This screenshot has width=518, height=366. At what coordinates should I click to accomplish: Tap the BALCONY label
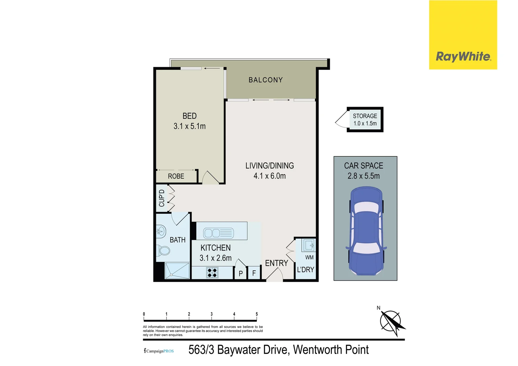pyautogui.click(x=265, y=80)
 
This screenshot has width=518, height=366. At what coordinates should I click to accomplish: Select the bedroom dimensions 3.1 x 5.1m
pyautogui.click(x=190, y=126)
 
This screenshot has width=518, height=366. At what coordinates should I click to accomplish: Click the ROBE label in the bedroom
pyautogui.click(x=176, y=176)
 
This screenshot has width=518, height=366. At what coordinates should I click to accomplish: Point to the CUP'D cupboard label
pyautogui.click(x=162, y=198)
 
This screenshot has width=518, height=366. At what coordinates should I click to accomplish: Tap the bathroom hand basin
pyautogui.click(x=161, y=231)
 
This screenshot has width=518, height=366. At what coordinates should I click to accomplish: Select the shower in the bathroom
pyautogui.click(x=177, y=271)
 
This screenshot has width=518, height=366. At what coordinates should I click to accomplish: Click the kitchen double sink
pyautogui.click(x=218, y=233)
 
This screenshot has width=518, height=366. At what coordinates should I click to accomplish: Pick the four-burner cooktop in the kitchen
pyautogui.click(x=213, y=272)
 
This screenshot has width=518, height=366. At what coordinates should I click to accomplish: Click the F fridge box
pyautogui.click(x=254, y=273)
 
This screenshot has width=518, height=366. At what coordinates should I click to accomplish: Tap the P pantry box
pyautogui.click(x=241, y=273)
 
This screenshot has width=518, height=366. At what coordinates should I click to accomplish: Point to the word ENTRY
pyautogui.click(x=276, y=263)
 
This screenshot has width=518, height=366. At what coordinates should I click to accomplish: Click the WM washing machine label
pyautogui.click(x=309, y=258)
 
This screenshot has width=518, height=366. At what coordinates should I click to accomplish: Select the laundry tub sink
pyautogui.click(x=309, y=245)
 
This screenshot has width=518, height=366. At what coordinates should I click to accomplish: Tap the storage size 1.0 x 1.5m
pyautogui.click(x=365, y=124)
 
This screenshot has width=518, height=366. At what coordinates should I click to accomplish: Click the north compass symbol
pyautogui.click(x=391, y=321)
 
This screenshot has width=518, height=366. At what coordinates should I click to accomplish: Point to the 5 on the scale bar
pyautogui.click(x=257, y=314)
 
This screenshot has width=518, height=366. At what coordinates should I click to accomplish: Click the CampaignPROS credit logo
pyautogui.click(x=159, y=351)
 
